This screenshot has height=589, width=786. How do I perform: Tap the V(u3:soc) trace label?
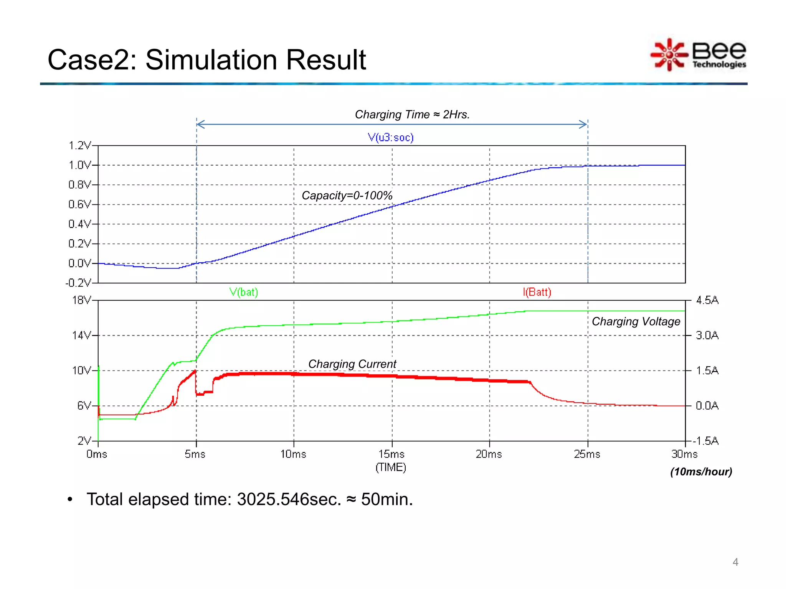(391, 137)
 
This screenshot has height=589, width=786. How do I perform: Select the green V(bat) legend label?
(244, 292)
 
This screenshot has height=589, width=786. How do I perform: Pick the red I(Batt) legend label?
(537, 292)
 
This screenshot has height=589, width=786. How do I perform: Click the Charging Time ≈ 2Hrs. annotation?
(412, 114)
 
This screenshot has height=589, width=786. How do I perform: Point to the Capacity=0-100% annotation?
(347, 196)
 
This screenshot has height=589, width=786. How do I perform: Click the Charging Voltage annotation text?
(636, 321)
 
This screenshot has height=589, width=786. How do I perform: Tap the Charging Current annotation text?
(352, 364)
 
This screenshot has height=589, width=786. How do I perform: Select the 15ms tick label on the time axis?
(391, 454)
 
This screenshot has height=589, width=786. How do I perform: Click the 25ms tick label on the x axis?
(587, 454)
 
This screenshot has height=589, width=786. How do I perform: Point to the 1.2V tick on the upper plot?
(80, 146)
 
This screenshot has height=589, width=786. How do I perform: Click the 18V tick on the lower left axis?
(81, 300)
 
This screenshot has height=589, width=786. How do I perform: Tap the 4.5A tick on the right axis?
(707, 300)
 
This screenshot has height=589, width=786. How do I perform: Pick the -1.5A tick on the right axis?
(705, 441)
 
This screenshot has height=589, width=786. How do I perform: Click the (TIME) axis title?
(391, 467)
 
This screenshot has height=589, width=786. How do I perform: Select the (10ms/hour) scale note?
(701, 472)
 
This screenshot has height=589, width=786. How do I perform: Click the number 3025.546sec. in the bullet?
(289, 500)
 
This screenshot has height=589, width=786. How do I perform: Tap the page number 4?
(735, 562)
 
